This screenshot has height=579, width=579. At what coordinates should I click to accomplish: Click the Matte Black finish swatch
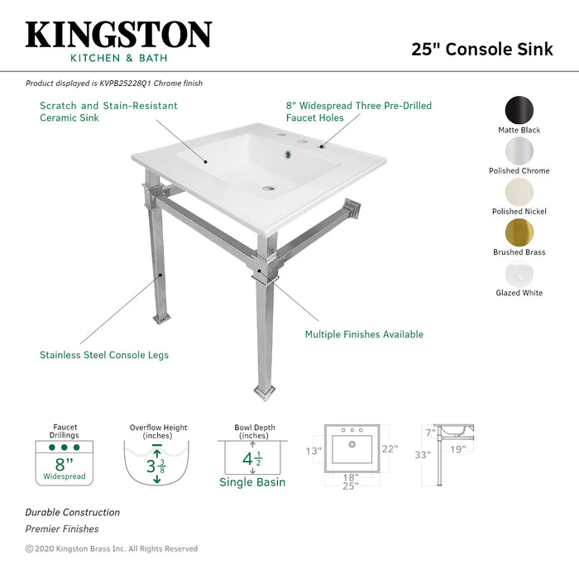[519, 110]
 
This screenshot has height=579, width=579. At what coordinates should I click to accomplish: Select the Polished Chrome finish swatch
[519, 151]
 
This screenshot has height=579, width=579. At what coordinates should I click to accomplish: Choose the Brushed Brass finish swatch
[519, 232]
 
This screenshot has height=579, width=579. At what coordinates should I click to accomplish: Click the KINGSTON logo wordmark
[118, 35]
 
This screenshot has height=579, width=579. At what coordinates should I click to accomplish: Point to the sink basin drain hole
[269, 188]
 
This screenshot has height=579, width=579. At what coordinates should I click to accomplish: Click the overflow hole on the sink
[289, 154]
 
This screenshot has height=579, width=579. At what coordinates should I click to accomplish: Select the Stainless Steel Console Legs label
[104, 355]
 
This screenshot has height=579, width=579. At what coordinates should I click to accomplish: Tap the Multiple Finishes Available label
[364, 334]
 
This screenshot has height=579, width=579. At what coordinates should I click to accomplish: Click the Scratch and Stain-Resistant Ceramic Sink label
[108, 112]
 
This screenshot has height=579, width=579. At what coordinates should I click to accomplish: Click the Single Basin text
[252, 482]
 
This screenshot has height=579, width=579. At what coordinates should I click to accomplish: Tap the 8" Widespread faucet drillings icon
[65, 462]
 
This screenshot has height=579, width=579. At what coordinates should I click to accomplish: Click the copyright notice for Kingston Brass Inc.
[112, 548]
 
